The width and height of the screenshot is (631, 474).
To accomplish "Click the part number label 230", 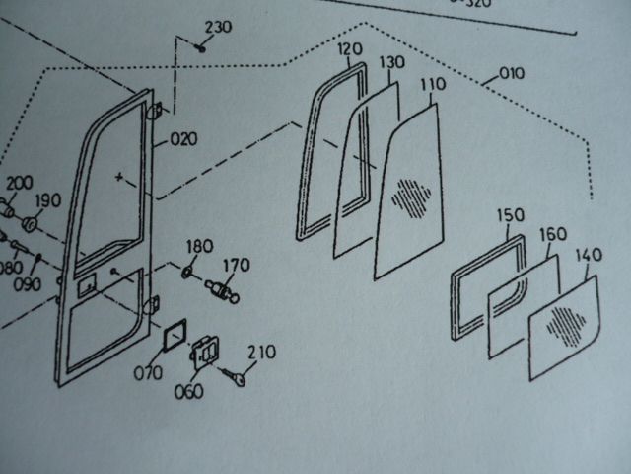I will pos(218,27).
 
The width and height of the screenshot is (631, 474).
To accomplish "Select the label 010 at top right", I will pos(512,73).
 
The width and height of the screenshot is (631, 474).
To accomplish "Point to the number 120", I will pos(350,48).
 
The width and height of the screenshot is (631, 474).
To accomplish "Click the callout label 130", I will pos(391,62).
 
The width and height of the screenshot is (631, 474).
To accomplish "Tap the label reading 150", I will pos(511,215).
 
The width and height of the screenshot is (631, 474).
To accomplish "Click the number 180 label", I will pos(199,246).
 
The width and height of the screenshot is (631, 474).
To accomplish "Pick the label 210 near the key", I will pos(262,351).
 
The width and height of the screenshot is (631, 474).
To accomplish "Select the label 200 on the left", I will pos(19,184).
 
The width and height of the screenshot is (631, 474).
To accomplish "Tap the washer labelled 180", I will pos(189,270).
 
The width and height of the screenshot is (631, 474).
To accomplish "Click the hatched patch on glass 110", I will pos(412,196).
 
